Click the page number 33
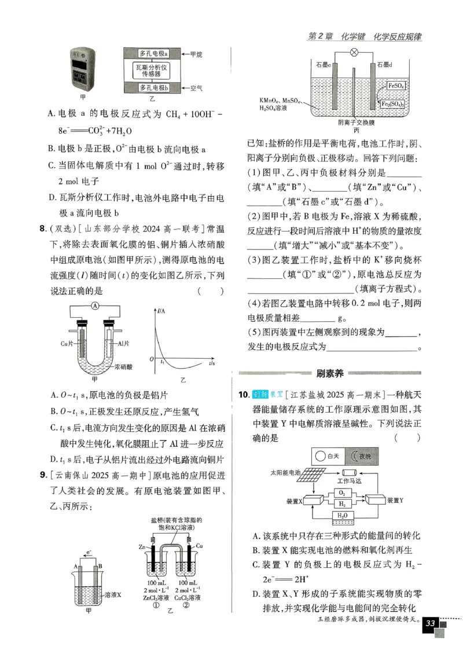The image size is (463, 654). point(430,623)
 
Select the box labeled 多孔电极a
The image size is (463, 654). point(153,53)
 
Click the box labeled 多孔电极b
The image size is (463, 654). point(153,88)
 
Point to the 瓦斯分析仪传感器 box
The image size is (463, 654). point(153,71)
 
